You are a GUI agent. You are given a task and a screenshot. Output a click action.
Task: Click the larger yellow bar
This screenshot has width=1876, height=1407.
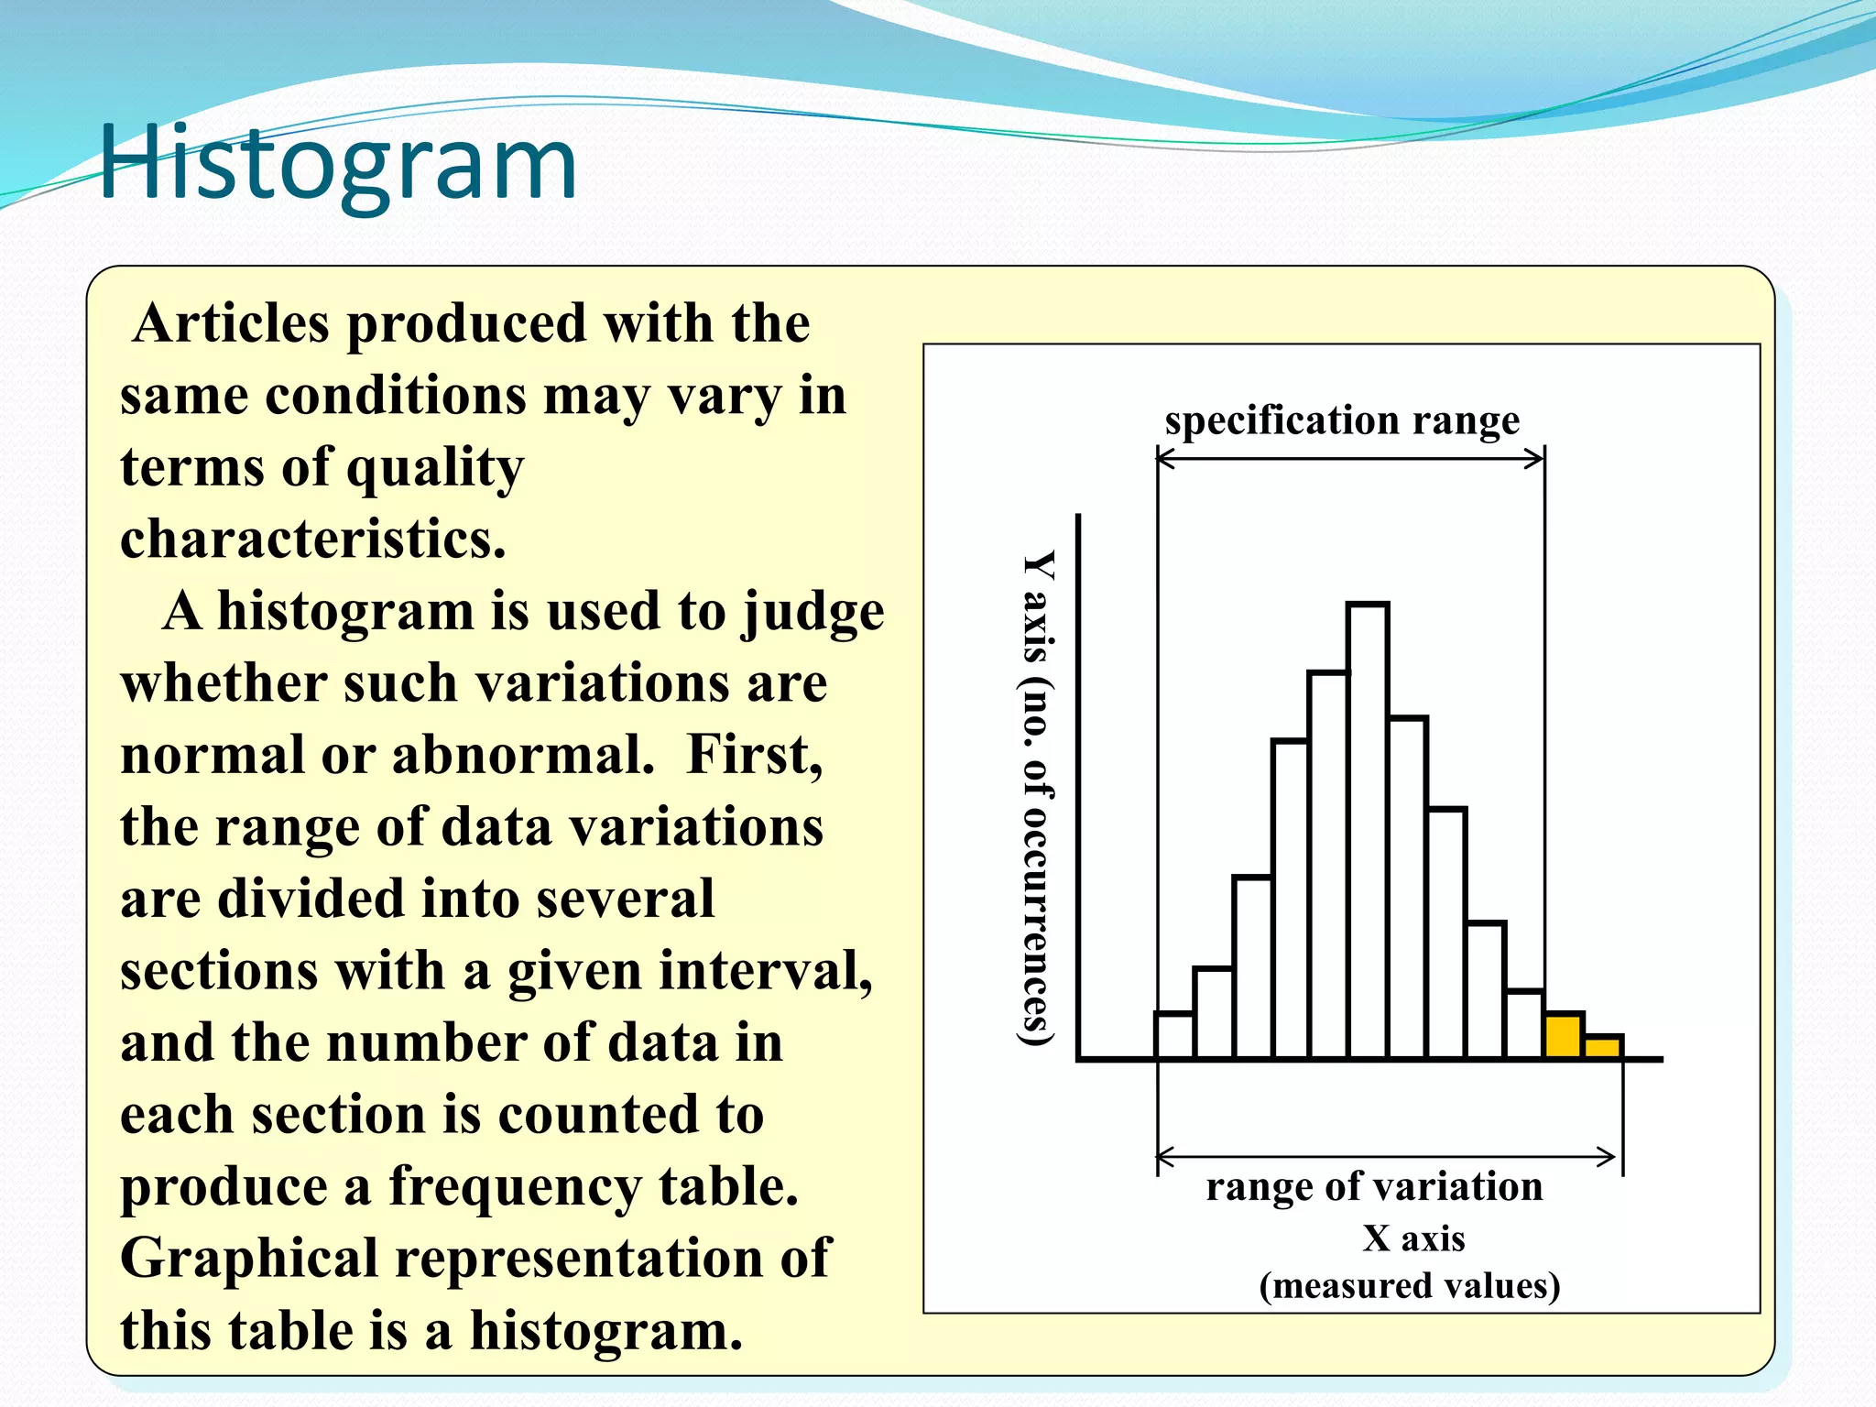(x=1564, y=1036)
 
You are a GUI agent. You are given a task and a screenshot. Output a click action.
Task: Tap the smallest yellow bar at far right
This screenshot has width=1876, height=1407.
(x=1603, y=1047)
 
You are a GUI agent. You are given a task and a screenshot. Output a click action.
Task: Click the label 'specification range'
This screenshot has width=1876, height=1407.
(x=1342, y=420)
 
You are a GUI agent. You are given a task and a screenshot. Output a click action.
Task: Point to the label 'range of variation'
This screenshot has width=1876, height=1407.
(x=1374, y=1186)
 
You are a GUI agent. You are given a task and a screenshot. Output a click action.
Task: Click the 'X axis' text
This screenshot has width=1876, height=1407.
(x=1413, y=1238)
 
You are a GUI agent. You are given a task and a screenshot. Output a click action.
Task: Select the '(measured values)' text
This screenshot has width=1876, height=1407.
(x=1409, y=1285)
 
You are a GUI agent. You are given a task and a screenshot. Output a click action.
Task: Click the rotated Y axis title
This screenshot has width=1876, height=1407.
(x=1037, y=797)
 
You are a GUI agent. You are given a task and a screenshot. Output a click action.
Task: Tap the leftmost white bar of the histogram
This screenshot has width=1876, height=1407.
(x=1174, y=1036)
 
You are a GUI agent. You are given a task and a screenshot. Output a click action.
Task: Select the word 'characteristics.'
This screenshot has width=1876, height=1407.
(x=313, y=539)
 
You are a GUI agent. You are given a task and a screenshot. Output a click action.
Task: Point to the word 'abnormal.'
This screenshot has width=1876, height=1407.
(x=523, y=755)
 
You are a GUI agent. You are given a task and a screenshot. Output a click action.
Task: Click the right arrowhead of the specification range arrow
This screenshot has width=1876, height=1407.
(x=1536, y=459)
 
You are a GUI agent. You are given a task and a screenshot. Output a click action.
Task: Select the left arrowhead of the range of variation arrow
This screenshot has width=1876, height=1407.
(x=1166, y=1156)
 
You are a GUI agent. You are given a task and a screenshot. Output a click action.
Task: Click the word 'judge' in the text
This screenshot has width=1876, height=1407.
(x=813, y=612)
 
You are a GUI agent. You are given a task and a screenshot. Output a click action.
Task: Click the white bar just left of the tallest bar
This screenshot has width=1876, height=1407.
(x=1328, y=866)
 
